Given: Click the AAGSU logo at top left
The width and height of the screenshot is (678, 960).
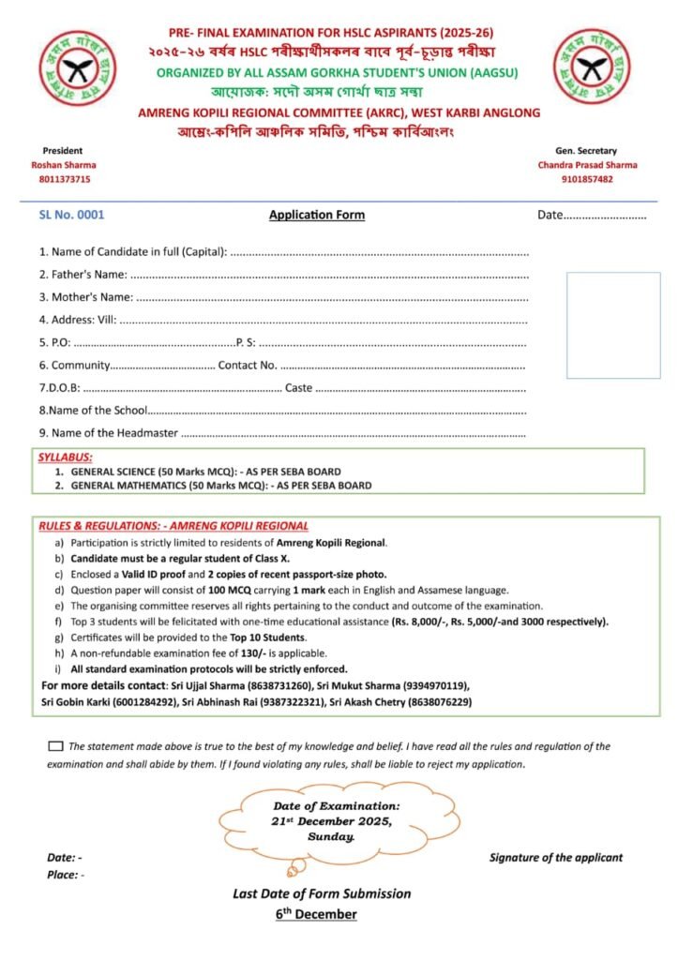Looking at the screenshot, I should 78,67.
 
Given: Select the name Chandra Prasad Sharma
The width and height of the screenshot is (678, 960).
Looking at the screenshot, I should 587,165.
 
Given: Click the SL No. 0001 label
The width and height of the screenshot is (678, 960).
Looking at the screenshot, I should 72,215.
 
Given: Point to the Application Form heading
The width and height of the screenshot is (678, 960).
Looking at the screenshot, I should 317,215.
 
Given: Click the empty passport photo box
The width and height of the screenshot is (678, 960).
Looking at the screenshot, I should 612,324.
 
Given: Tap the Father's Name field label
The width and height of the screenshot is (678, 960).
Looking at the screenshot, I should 83,274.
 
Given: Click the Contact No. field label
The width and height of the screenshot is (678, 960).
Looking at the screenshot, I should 248,366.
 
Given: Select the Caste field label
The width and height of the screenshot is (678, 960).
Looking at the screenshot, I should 298,388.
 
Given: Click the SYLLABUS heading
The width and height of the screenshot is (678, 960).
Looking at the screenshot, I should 65,457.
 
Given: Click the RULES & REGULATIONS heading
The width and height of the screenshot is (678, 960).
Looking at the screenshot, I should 173,526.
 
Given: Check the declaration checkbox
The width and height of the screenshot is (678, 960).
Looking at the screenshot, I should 55,746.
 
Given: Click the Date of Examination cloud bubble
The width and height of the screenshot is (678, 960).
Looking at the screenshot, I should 335,820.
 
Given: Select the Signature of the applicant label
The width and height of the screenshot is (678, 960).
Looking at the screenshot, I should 555,857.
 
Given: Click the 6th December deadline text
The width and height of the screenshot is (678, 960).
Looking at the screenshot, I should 316,913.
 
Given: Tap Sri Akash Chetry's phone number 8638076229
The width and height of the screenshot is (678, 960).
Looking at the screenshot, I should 432,701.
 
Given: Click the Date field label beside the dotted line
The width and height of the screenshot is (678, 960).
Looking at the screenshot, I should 550,215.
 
